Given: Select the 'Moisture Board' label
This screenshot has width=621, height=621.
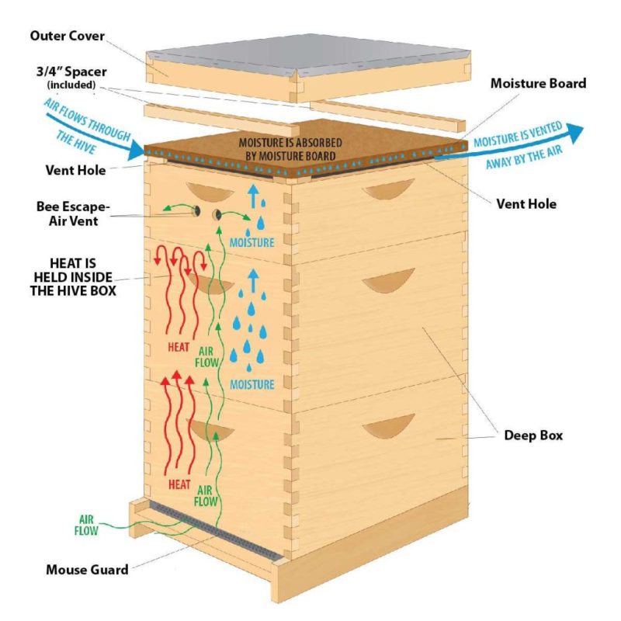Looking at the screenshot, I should click(538, 83).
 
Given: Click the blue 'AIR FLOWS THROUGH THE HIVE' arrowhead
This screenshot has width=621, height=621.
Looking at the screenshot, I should click(136, 147).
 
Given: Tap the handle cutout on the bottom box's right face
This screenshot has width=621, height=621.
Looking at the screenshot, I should click(390, 425).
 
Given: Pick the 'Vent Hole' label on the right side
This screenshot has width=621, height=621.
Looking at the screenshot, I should click(526, 205).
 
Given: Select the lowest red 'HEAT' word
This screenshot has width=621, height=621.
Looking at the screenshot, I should click(180, 484).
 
